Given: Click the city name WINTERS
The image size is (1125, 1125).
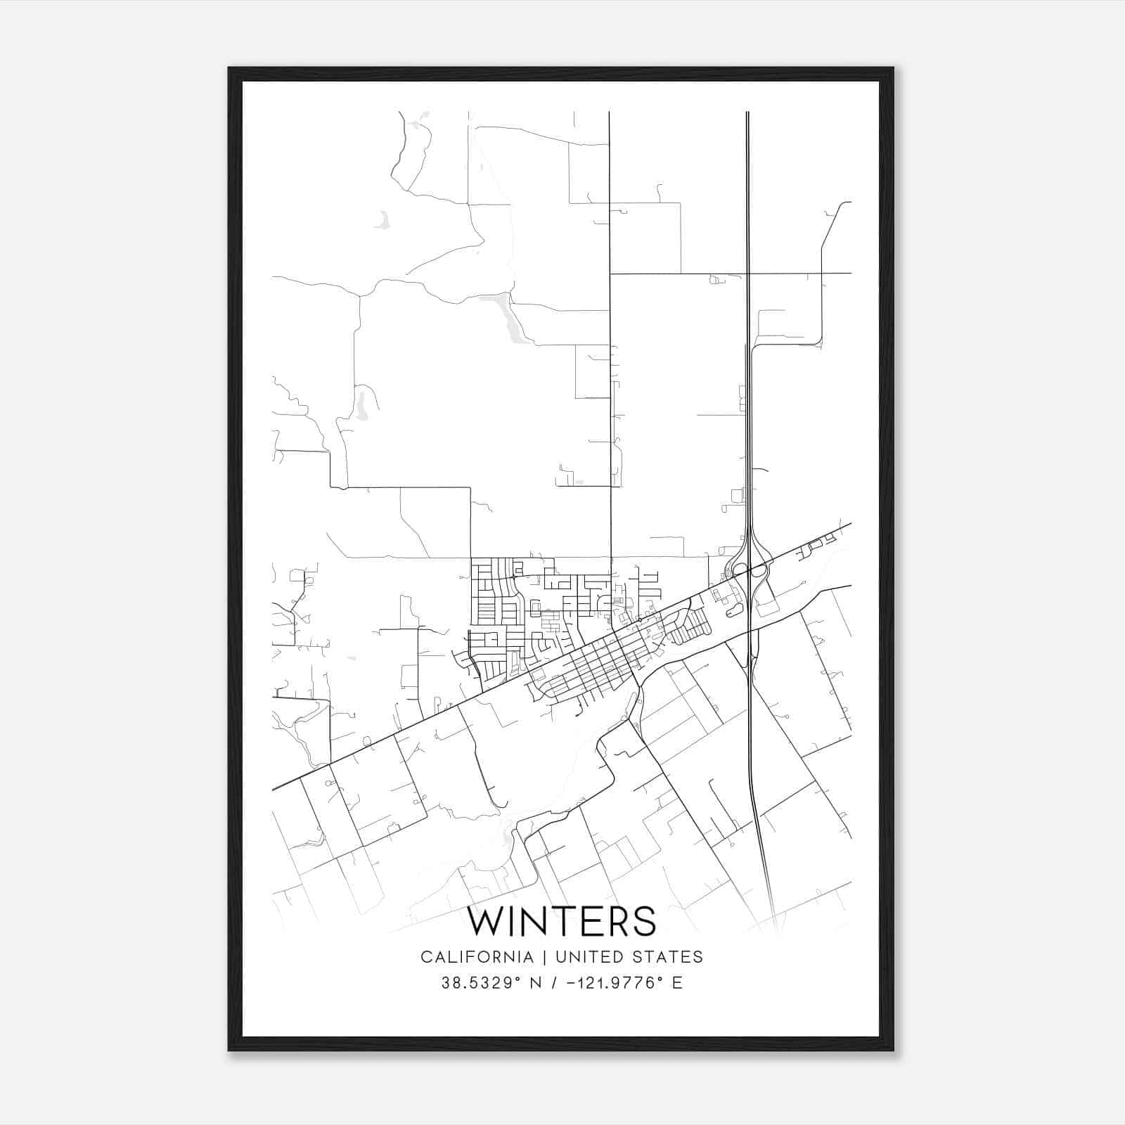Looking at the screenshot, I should [562, 921].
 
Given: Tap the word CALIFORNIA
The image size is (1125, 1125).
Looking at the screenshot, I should [476, 957].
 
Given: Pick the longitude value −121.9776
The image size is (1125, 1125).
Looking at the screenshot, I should [610, 982].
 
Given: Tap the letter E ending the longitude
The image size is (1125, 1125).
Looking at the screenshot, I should [677, 982].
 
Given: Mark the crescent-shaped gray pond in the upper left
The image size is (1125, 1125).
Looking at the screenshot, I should [382, 222].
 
